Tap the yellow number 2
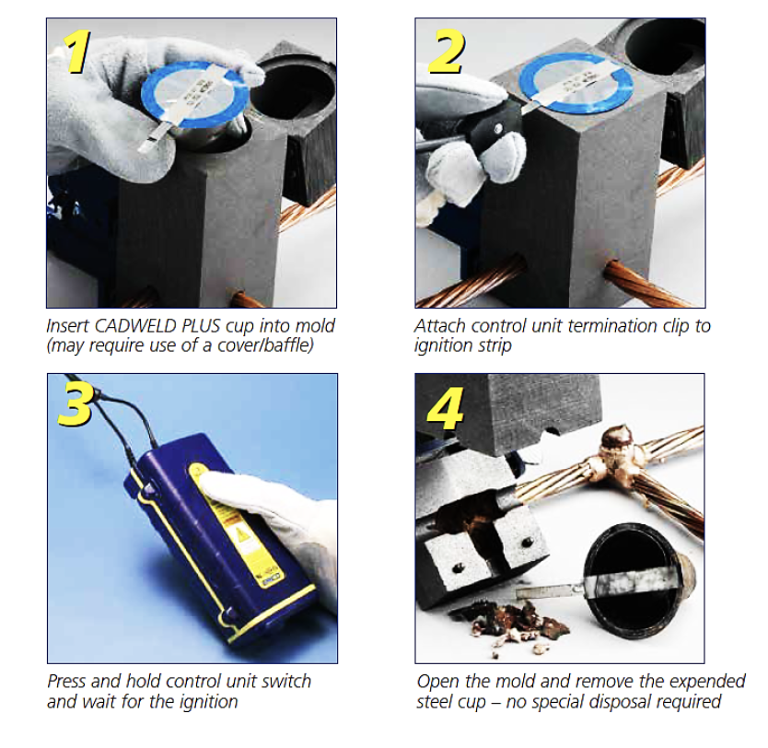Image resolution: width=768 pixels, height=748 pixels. click(446, 52)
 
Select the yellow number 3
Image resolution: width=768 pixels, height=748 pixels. click(76, 404)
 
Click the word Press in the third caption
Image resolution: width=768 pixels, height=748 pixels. click(67, 682)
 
